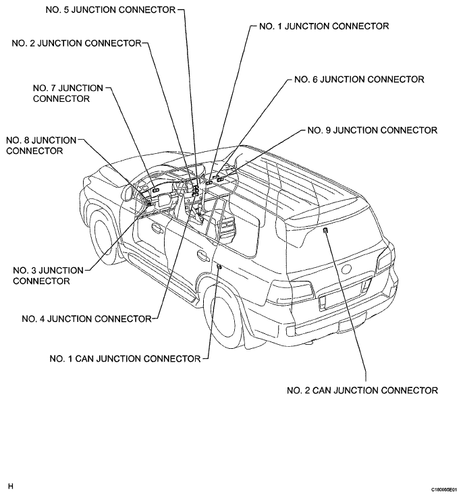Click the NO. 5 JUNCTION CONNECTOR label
pos(111,10)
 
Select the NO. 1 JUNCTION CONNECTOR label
pos(324,26)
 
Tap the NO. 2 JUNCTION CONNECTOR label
pos(76,43)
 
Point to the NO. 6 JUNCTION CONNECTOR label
pos(359,80)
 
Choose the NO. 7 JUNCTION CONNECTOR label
pos(68,93)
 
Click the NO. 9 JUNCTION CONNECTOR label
pos(372,130)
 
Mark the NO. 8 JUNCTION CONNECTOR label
pos(41,146)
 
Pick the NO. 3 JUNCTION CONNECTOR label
pos(48,276)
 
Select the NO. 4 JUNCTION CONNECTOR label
pos(86,319)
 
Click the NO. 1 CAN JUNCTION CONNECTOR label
pos(125,358)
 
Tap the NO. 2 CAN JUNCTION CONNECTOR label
pos(362,390)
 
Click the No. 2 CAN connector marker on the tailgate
pos(325,230)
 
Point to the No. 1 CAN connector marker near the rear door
pos(219,267)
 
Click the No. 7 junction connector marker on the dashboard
pos(156,190)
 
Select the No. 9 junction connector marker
pos(221,179)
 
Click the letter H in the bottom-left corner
pos(11,487)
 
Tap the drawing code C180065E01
pos(443,489)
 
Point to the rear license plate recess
pos(345,294)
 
